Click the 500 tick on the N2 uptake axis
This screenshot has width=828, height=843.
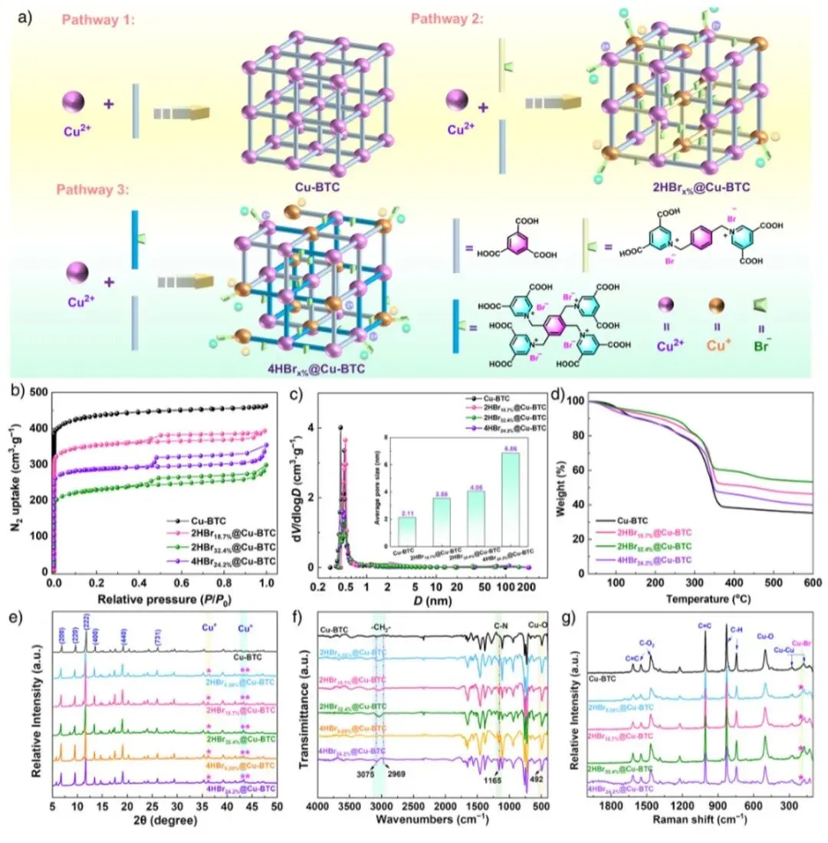point(37,392)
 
